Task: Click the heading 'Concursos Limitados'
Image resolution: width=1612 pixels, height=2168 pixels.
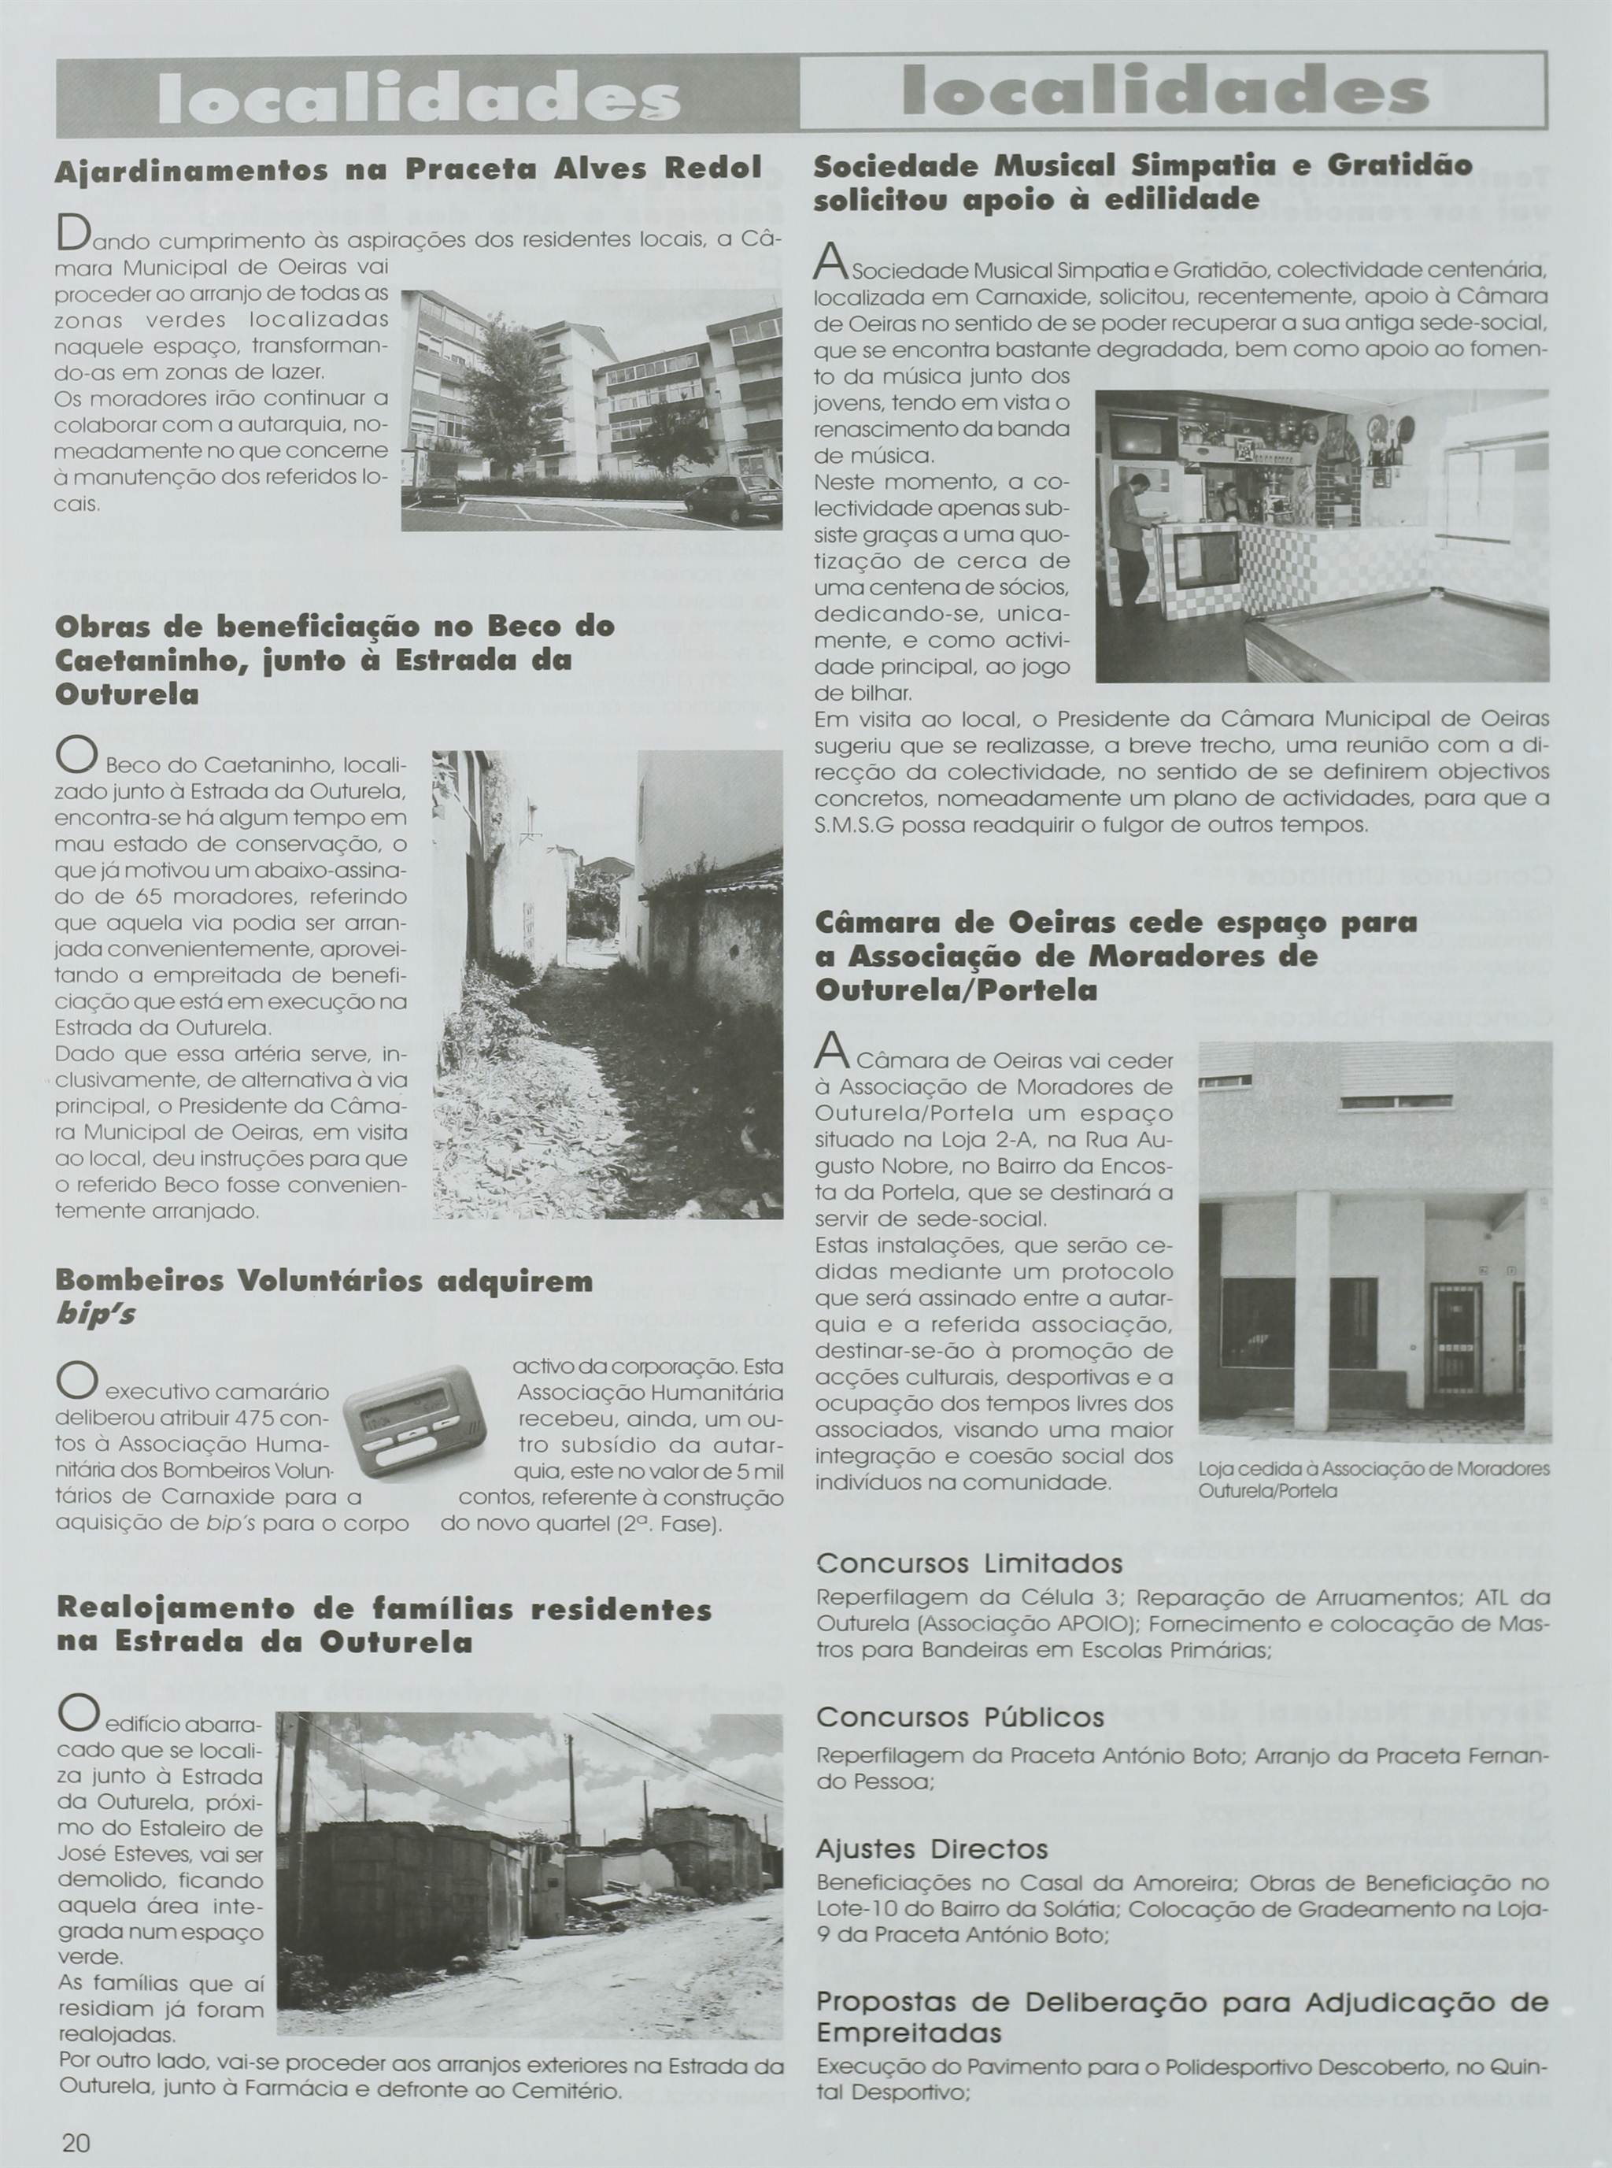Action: coord(969,1563)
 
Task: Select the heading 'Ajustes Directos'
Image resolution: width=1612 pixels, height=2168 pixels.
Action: coord(932,1849)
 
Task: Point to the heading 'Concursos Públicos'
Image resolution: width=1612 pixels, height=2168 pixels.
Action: coord(960,1716)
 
